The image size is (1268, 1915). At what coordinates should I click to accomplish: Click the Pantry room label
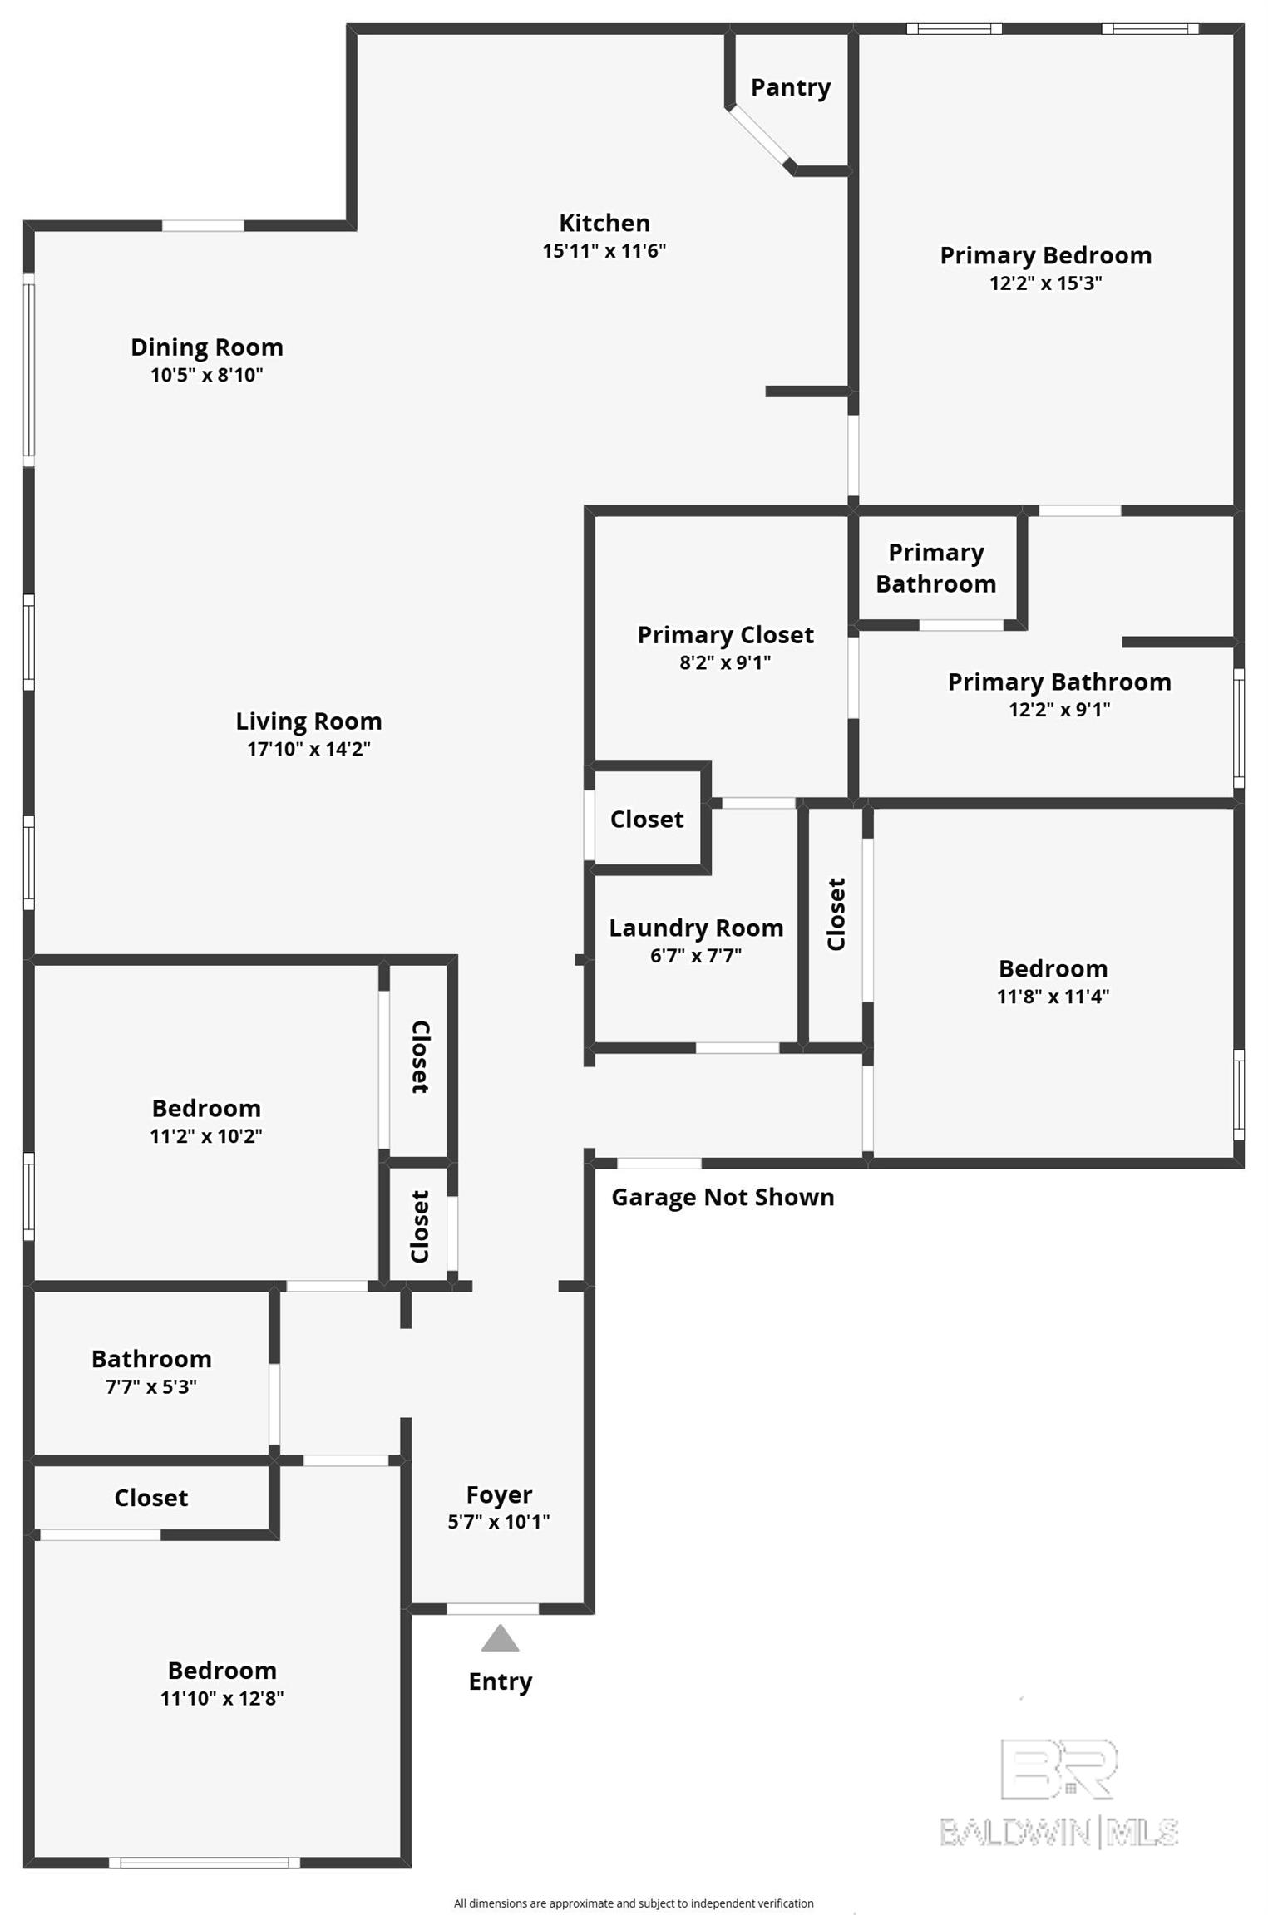[x=790, y=88]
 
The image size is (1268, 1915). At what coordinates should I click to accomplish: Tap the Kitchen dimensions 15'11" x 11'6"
[x=604, y=250]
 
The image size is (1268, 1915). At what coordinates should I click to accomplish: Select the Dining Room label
[x=207, y=347]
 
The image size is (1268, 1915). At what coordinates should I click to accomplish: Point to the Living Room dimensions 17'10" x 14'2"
[x=308, y=749]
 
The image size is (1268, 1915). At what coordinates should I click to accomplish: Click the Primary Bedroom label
[x=1046, y=255]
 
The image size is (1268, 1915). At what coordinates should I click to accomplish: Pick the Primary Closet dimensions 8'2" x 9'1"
[x=725, y=662]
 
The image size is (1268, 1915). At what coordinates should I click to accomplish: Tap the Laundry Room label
[x=696, y=928]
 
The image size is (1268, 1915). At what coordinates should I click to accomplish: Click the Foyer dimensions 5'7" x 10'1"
[x=499, y=1522]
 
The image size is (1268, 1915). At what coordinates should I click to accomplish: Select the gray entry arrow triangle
[x=500, y=1639]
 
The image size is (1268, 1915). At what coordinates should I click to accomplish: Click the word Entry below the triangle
[x=500, y=1682]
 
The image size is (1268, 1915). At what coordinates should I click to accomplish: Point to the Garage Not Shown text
[x=723, y=1197]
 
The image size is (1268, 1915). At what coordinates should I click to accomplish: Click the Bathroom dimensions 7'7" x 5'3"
[x=151, y=1386]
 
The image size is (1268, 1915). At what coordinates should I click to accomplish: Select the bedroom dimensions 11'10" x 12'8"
[x=222, y=1698]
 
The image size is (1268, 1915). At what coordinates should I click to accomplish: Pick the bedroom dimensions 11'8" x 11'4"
[x=1053, y=996]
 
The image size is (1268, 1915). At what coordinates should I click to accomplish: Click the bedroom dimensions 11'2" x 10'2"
[x=206, y=1135]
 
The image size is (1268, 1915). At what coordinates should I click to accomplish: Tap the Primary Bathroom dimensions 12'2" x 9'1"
[x=1059, y=709]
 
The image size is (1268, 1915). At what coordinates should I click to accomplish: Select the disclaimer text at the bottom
[x=634, y=1897]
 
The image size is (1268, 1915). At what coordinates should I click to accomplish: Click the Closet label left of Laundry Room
[x=647, y=820]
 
